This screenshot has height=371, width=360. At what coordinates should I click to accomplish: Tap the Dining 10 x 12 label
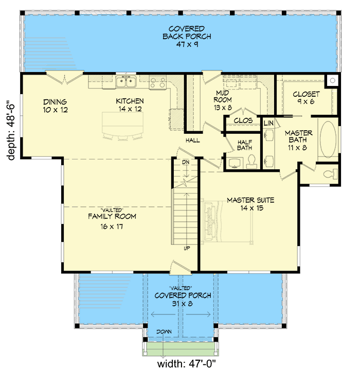(56, 105)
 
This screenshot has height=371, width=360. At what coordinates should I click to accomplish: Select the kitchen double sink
(125, 81)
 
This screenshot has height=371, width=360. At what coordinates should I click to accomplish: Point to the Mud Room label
(223, 100)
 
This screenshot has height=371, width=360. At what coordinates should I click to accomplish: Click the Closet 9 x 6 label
(306, 98)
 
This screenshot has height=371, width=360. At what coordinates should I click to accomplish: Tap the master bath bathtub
(327, 139)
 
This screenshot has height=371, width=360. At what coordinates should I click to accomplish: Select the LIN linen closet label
(268, 123)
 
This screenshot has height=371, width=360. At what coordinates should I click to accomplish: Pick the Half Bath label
(244, 145)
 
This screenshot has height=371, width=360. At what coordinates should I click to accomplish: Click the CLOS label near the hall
(241, 120)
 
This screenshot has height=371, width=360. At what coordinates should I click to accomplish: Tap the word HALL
(193, 140)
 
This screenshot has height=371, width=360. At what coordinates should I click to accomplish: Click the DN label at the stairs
(186, 162)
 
